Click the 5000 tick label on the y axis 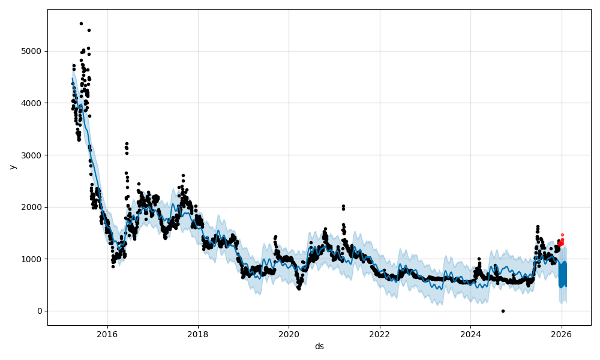pos(32,51)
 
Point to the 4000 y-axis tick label pos(32,103)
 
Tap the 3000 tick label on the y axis pos(32,155)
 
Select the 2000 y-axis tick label pos(32,207)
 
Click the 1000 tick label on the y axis pos(32,259)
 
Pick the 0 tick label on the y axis pos(39,311)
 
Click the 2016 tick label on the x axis pos(107,334)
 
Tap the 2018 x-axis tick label pos(198,334)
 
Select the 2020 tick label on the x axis pos(289,334)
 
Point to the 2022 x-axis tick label pos(380,334)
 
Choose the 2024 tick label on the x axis pos(470,334)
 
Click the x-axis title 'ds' pos(319,346)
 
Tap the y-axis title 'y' pos(12,167)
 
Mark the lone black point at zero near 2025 pos(503,311)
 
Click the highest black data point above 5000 pos(81,23)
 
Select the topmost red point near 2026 pos(562,235)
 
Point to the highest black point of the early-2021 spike pos(343,206)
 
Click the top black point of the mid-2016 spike pos(127,143)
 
